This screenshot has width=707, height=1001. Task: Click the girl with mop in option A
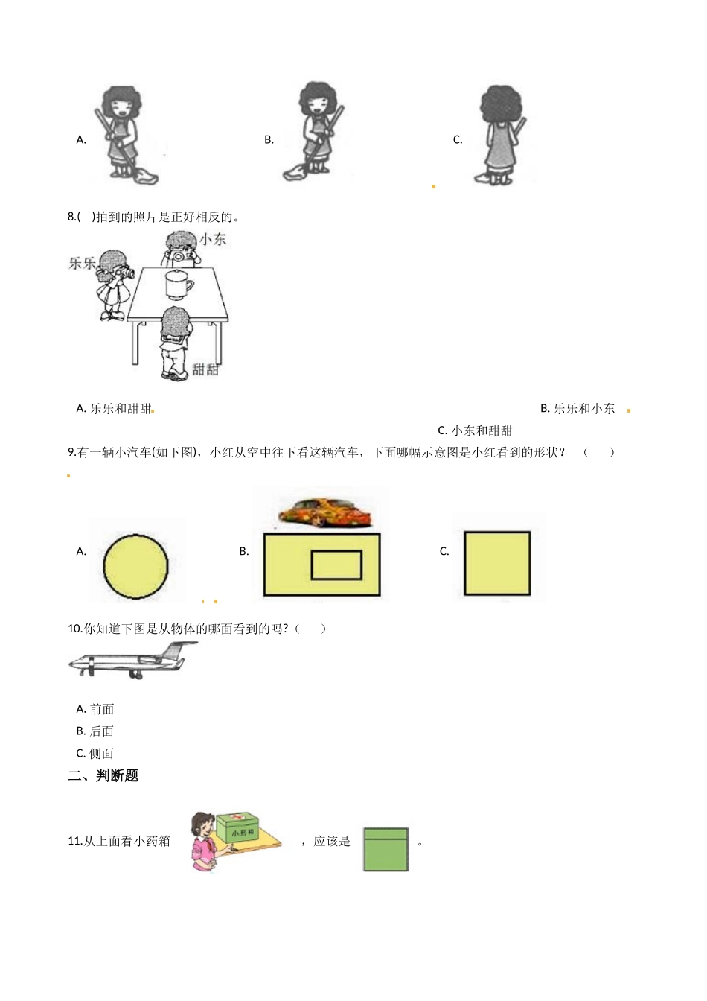click(123, 134)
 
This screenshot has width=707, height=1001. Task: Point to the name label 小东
click(213, 239)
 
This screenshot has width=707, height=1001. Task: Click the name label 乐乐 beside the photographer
click(82, 263)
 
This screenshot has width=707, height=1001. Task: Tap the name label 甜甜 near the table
click(205, 369)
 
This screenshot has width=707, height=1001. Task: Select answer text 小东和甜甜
click(482, 430)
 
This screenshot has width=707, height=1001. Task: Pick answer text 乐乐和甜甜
click(121, 408)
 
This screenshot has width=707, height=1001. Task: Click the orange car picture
click(325, 512)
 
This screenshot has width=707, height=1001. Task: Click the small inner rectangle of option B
click(336, 565)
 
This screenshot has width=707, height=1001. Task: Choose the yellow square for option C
click(497, 563)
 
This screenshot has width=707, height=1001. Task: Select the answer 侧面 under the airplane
click(101, 753)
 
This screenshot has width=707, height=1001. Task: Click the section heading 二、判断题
click(103, 775)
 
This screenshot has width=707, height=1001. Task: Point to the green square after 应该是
click(386, 849)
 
